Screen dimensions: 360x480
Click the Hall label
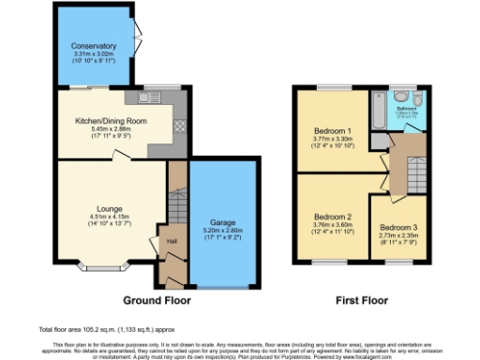point(172,241)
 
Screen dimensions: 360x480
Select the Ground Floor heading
point(157,301)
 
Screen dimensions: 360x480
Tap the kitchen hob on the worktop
point(179,125)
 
